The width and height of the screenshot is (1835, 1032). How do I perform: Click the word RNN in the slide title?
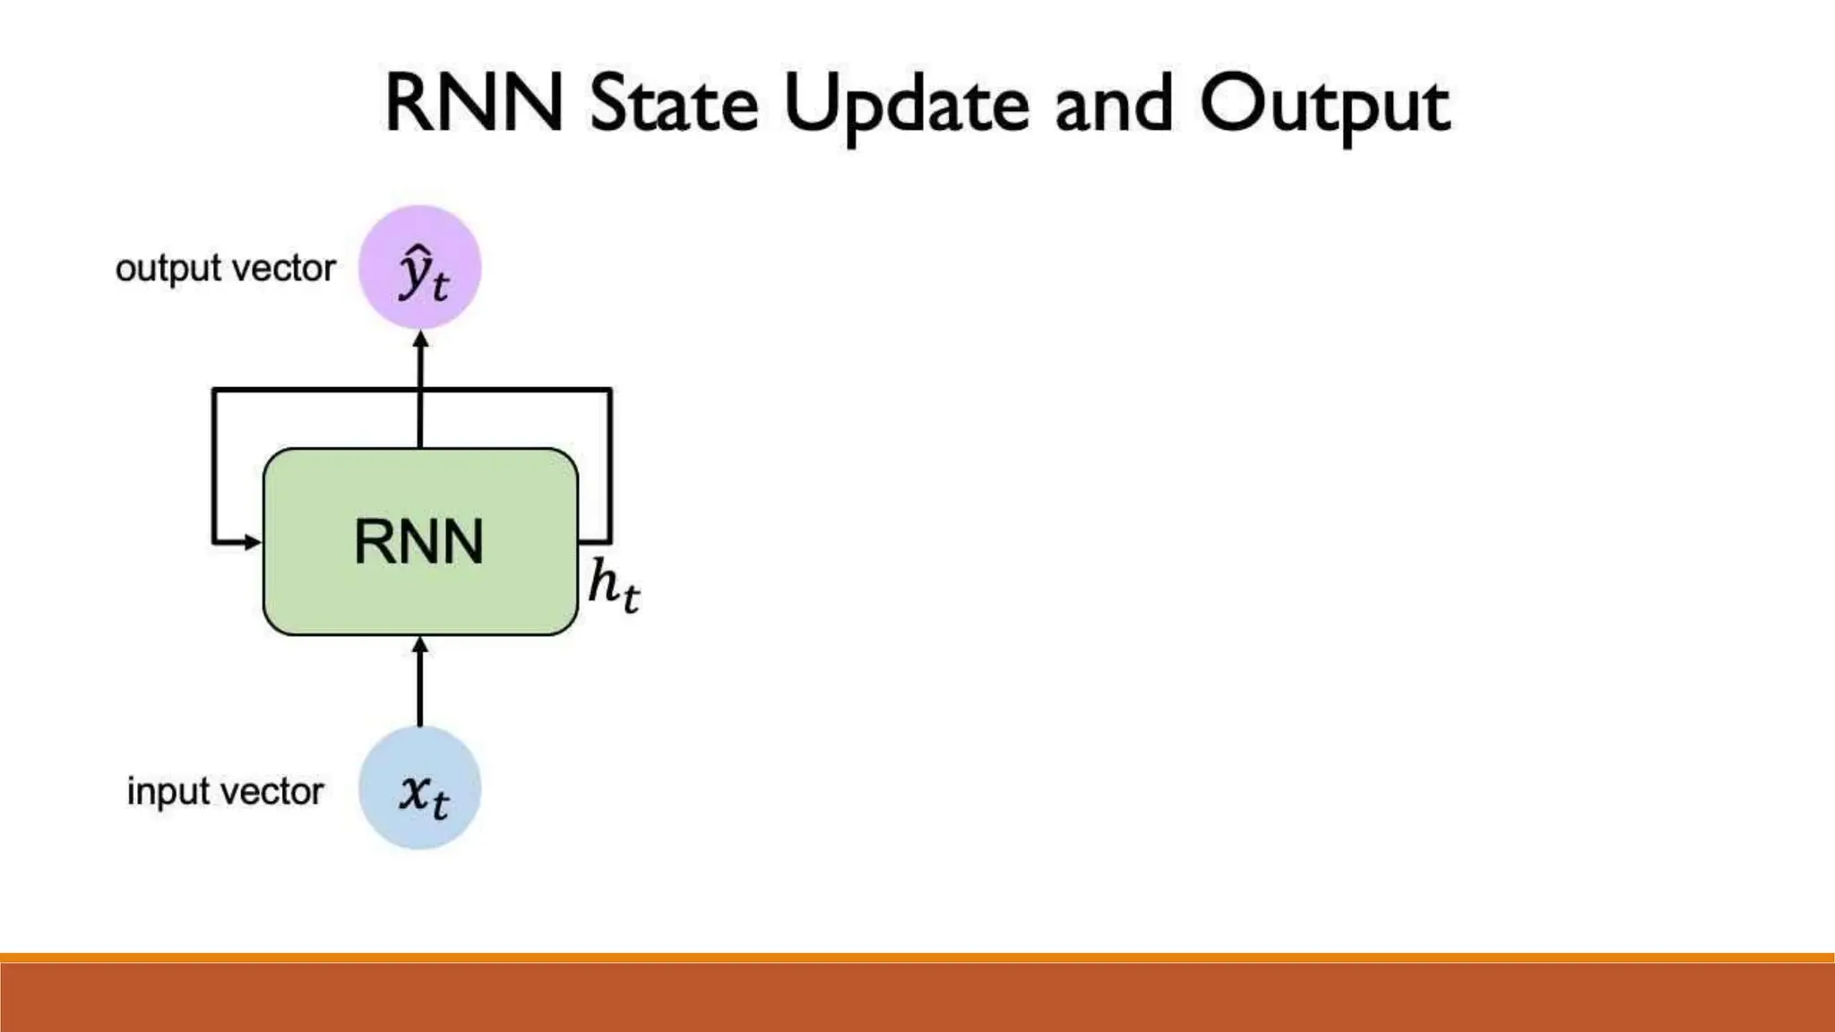(474, 103)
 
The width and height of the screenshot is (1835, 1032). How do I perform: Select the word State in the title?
(674, 103)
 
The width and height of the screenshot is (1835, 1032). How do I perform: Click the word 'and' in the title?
(1114, 104)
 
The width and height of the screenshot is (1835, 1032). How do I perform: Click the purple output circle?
(420, 267)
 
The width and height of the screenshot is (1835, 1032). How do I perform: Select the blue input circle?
(420, 788)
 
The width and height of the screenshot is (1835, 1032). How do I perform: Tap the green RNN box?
(420, 541)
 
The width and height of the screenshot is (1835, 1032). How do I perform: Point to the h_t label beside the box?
(614, 585)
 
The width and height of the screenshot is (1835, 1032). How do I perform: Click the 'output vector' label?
(226, 268)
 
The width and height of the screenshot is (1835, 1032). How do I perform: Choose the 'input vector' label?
(225, 791)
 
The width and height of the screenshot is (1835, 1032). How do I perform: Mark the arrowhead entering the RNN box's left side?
(252, 541)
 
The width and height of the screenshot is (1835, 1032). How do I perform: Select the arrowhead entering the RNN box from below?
(420, 645)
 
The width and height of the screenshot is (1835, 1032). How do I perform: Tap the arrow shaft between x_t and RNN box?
(420, 690)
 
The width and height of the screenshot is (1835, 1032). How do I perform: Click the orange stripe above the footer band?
(917, 958)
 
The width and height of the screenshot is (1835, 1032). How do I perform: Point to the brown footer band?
(917, 998)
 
